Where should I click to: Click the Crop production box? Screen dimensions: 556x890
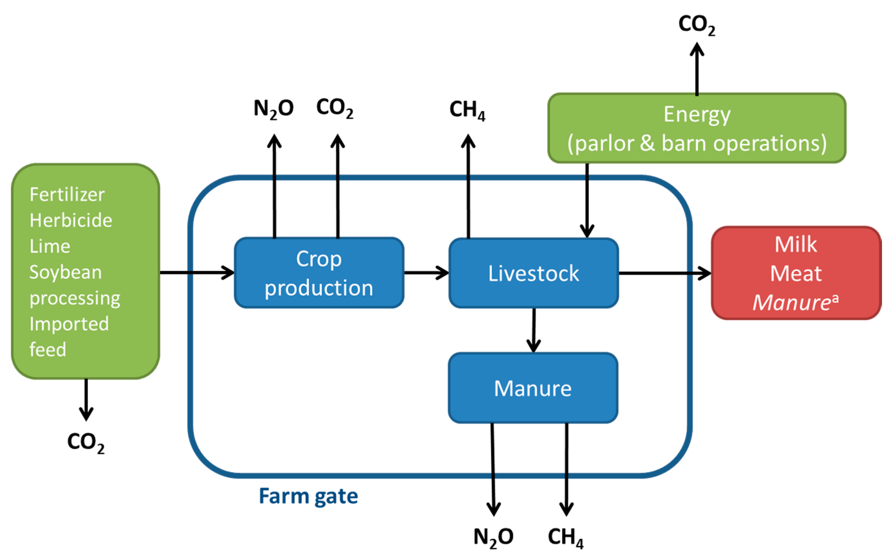point(319,273)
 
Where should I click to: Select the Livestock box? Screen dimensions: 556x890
point(533,273)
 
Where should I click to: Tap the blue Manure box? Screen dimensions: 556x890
point(532,388)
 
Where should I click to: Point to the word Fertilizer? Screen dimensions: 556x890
point(67,194)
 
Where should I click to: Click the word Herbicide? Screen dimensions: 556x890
point(71,220)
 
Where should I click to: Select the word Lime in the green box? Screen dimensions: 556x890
point(50,246)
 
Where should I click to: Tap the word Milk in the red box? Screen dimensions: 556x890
point(796,244)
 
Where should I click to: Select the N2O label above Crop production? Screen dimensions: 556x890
point(273,109)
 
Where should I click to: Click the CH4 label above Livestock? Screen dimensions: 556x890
point(467,109)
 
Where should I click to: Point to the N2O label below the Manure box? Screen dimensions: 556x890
point(493,537)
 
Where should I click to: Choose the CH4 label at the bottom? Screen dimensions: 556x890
point(565,537)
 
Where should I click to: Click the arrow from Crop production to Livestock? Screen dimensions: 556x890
point(426,273)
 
